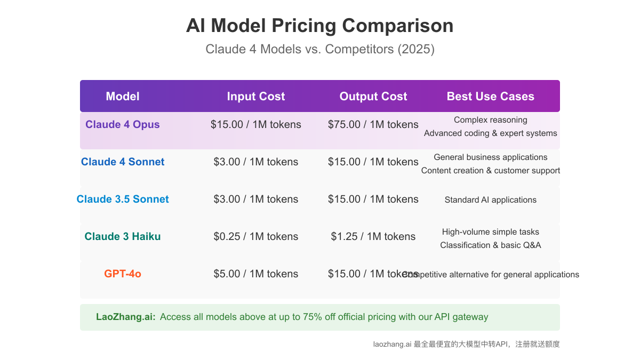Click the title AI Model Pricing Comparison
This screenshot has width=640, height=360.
tap(320, 26)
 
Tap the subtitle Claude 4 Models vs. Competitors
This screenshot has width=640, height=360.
tap(320, 50)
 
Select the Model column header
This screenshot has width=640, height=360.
tap(123, 97)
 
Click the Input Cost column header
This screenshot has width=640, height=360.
tap(256, 97)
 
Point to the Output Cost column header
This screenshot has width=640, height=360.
tap(373, 97)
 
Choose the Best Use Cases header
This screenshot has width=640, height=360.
tap(491, 97)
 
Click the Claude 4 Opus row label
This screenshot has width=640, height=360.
tap(123, 125)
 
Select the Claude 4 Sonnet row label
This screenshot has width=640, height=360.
tap(123, 162)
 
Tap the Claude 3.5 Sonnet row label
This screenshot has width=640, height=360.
tap(123, 199)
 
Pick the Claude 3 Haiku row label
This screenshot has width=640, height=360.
tap(123, 237)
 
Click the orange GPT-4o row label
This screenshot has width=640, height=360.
tap(123, 274)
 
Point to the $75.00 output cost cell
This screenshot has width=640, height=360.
tap(373, 125)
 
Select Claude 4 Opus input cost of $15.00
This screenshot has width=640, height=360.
tap(256, 125)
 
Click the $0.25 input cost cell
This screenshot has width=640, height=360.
tap(256, 237)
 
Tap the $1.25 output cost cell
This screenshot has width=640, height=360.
tap(373, 237)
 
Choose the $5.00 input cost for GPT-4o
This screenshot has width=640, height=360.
tap(256, 274)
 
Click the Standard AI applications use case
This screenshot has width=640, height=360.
tap(491, 200)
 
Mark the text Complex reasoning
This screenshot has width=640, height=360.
tap(491, 120)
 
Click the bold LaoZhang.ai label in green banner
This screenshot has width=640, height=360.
tap(126, 317)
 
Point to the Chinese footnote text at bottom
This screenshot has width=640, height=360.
tap(467, 345)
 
